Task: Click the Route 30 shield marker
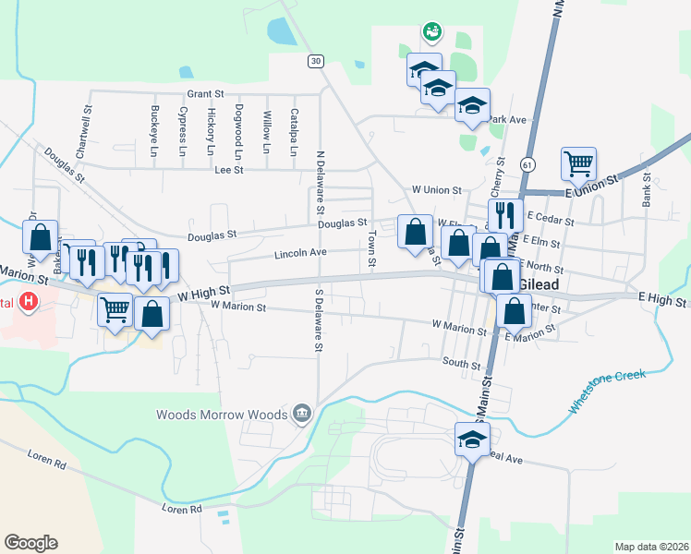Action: [317, 61]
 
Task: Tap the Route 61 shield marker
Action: [527, 164]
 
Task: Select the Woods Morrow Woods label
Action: [222, 415]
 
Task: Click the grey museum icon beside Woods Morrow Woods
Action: [301, 414]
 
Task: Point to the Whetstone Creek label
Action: [606, 391]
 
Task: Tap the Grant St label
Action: [205, 94]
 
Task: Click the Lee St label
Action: [228, 170]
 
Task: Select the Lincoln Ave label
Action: [300, 253]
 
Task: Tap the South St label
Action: [462, 364]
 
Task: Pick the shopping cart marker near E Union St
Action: [578, 164]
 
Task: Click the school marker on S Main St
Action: [472, 438]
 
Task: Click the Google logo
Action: [30, 542]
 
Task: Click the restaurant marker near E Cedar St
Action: [505, 214]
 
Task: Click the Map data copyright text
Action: [650, 547]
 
